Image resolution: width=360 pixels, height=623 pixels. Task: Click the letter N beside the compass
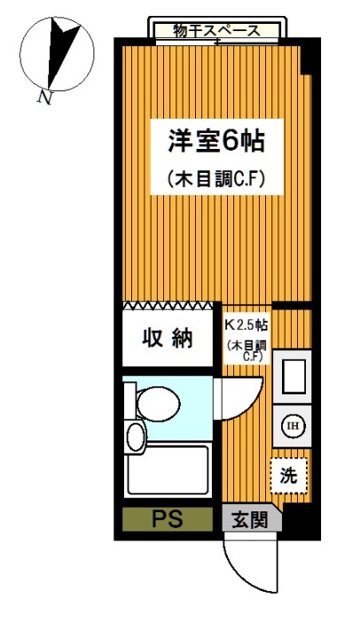pyautogui.click(x=43, y=97)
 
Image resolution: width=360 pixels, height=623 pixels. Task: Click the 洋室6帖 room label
pyautogui.click(x=213, y=140)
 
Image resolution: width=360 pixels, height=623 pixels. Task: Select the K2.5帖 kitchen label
pyautogui.click(x=246, y=324)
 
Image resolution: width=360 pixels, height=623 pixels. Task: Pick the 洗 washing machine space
pyautogui.click(x=289, y=473)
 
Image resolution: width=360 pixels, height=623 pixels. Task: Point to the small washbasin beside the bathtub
pyautogui.click(x=135, y=436)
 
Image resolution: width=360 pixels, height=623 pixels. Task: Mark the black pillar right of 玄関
pyautogui.click(x=299, y=520)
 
